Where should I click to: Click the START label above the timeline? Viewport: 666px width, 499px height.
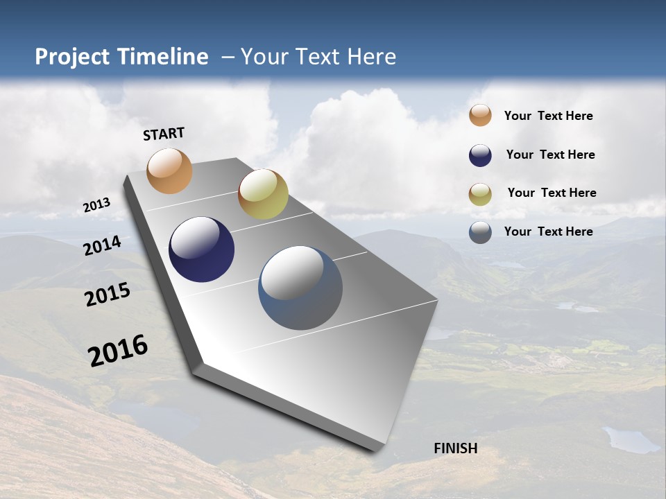(164, 134)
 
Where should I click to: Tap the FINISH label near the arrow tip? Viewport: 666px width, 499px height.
(455, 448)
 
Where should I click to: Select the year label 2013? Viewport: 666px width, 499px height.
(96, 205)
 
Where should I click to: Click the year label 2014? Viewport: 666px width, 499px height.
(102, 245)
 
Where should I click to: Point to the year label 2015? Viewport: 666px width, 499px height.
(107, 295)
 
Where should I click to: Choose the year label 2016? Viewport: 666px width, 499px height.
(118, 350)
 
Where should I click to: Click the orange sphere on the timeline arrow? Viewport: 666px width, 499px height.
(169, 170)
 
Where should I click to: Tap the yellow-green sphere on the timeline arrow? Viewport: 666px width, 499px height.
(263, 194)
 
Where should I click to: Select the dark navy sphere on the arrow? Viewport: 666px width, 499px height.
(201, 249)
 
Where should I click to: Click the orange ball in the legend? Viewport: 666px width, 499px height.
(480, 115)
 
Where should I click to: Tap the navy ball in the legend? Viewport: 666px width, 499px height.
(480, 155)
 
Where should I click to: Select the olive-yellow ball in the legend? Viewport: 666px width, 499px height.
(480, 194)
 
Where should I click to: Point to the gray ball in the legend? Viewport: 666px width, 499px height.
(480, 232)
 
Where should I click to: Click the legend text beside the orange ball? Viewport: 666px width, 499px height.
(548, 116)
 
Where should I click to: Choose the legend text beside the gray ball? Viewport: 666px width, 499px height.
(548, 231)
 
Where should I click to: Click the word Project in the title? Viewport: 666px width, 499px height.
(73, 57)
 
